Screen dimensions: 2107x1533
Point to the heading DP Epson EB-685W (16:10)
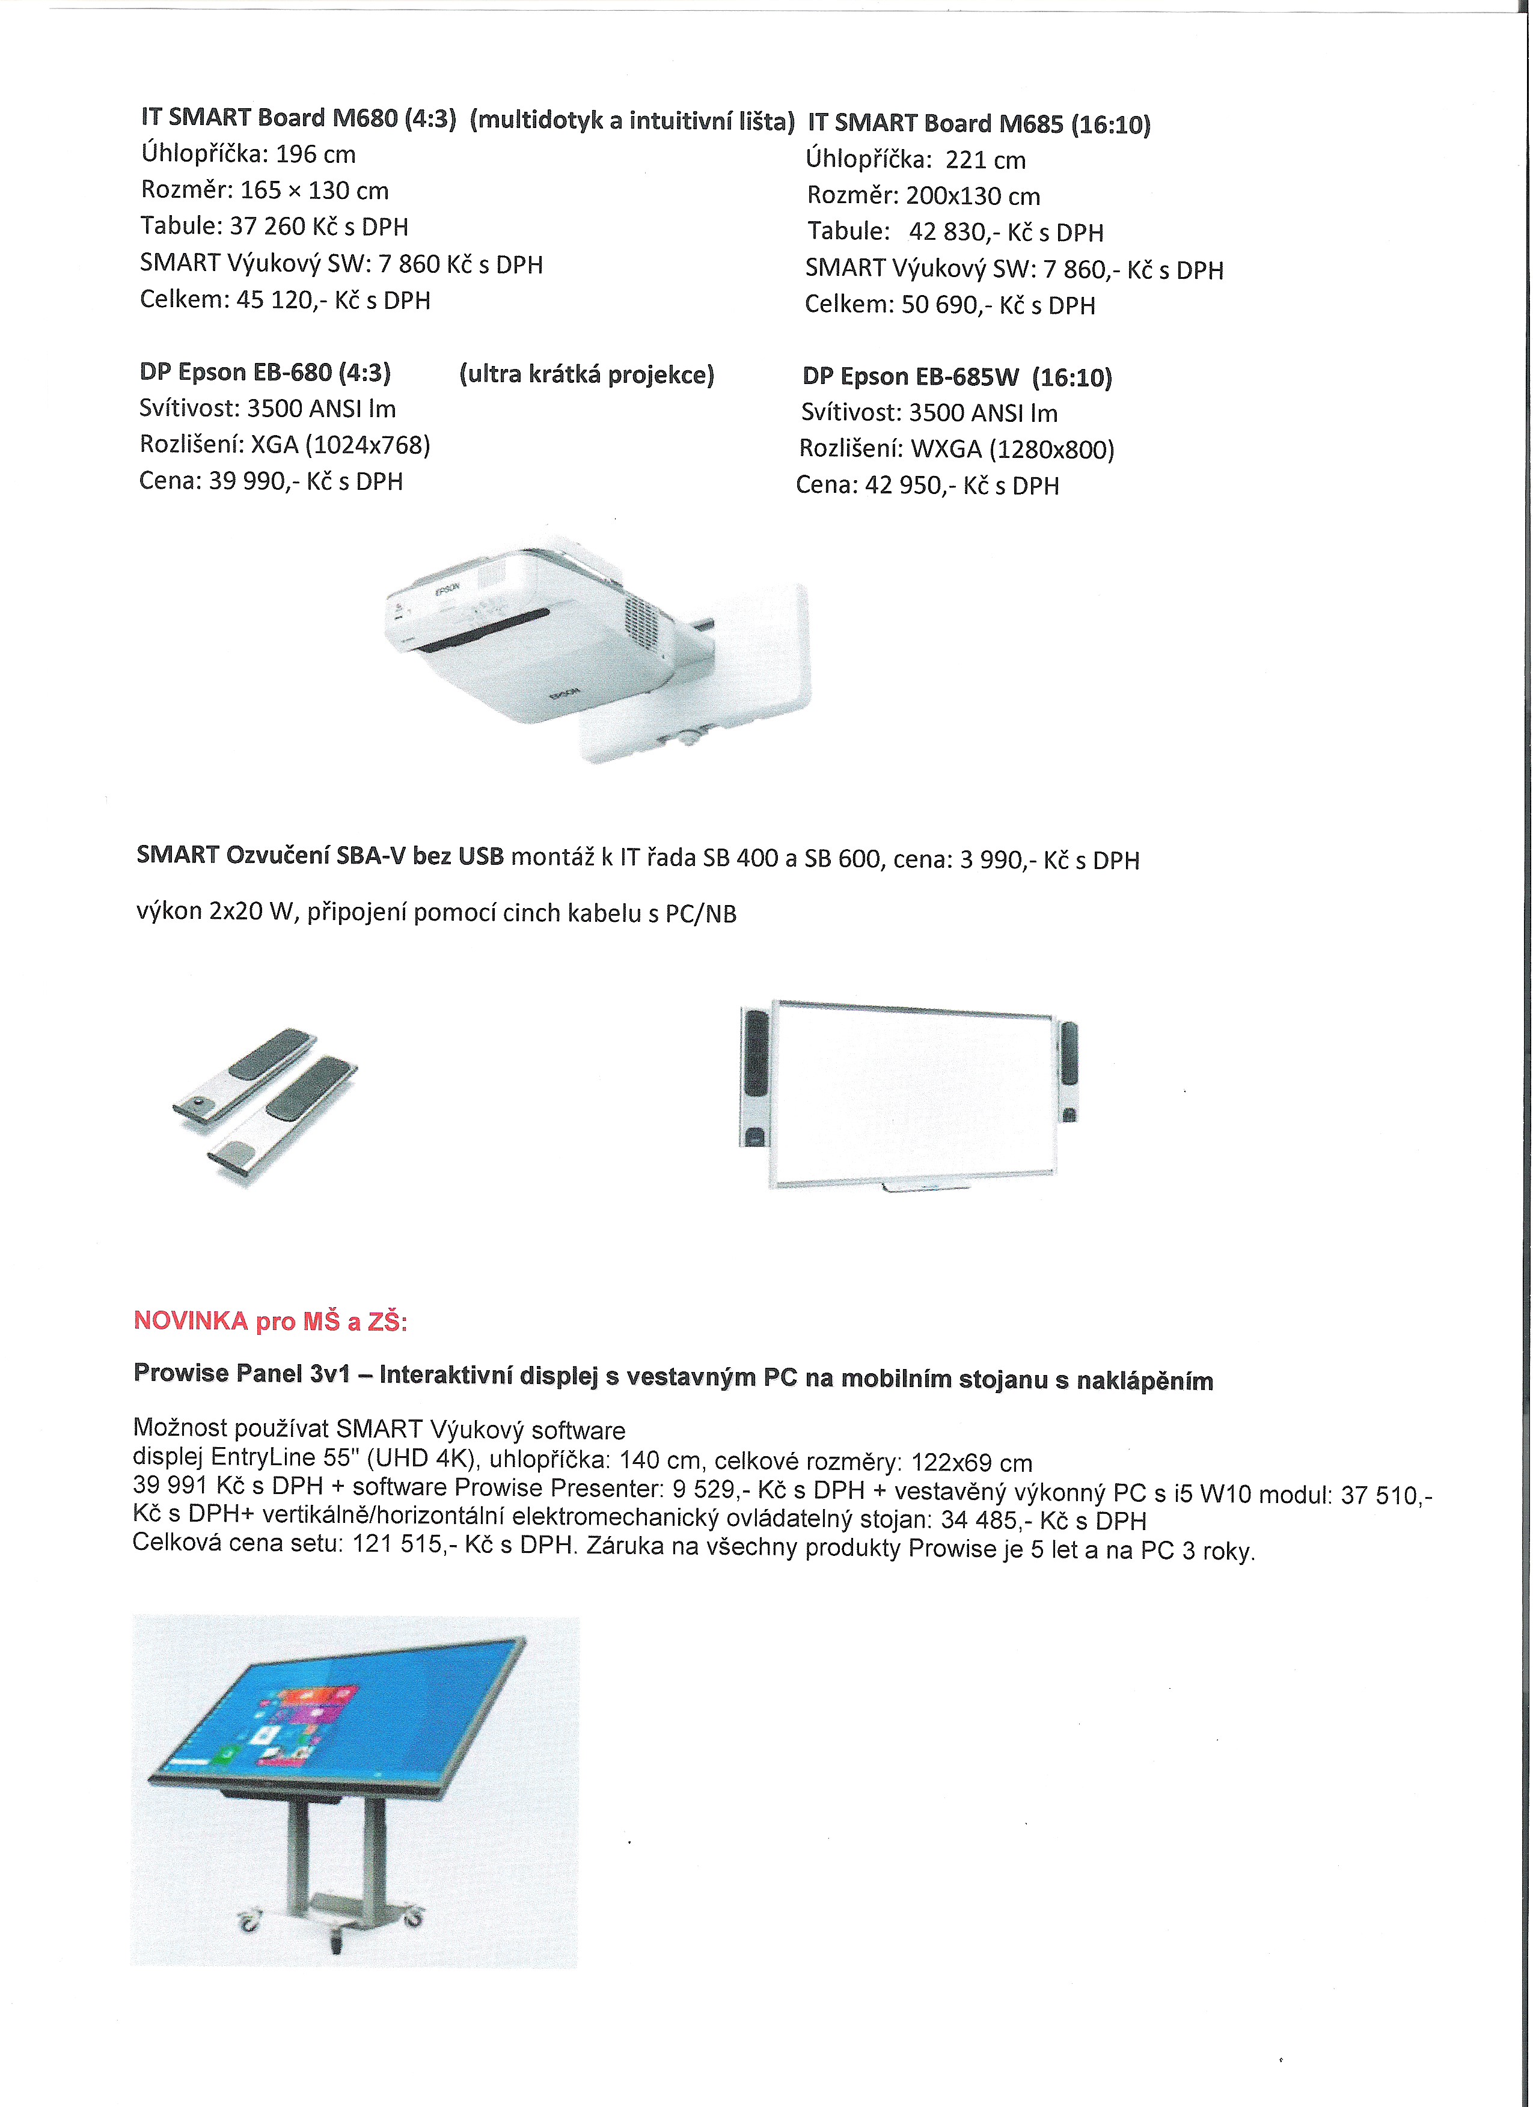[957, 377]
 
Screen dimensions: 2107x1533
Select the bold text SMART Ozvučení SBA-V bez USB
[320, 856]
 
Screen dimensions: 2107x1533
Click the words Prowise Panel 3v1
[242, 1373]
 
